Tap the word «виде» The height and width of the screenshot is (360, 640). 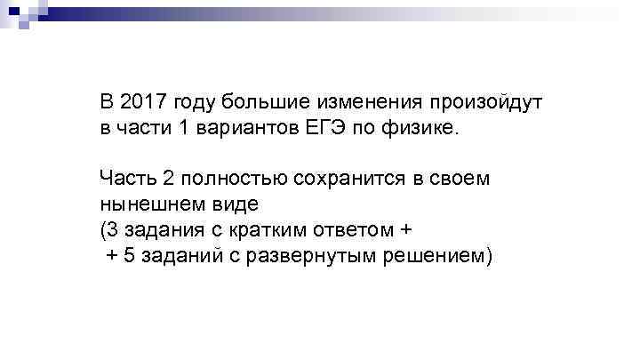pos(232,204)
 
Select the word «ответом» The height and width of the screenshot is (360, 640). pos(346,230)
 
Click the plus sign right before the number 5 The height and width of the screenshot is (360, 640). pos(112,256)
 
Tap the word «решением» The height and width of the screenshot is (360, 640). pos(436,256)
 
